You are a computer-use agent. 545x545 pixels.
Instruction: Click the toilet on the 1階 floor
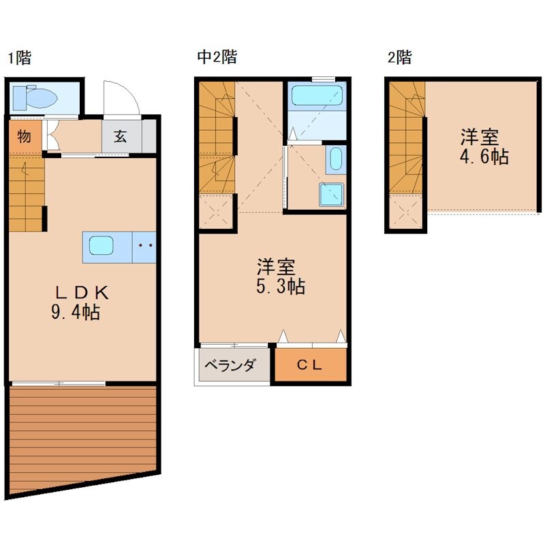point(35,97)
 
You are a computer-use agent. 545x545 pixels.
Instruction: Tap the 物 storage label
point(24,136)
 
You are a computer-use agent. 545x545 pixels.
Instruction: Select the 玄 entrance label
point(121,136)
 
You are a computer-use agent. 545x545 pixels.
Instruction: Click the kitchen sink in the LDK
point(101,246)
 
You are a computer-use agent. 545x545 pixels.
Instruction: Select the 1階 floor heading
point(19,57)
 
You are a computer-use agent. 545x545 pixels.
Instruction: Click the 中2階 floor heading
point(216,57)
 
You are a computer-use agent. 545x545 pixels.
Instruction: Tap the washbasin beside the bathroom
point(334,160)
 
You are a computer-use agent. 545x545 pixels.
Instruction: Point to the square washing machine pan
point(332,194)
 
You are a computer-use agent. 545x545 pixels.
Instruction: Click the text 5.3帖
point(280,286)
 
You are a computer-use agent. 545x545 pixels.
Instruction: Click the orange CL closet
point(310,366)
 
